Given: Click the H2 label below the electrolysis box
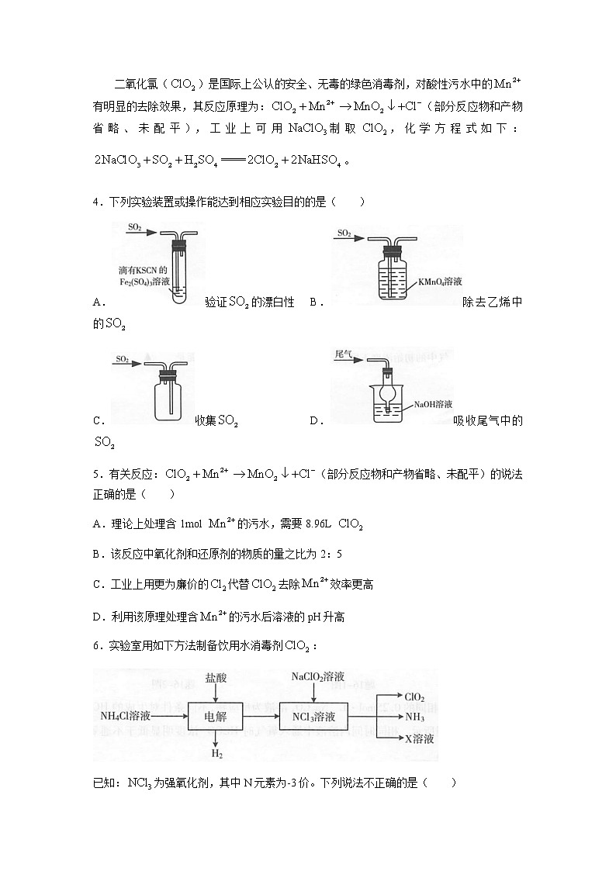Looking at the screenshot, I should (216, 753).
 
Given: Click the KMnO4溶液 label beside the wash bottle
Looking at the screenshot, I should (439, 282).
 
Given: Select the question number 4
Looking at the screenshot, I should (96, 202).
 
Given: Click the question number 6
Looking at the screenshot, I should (96, 645).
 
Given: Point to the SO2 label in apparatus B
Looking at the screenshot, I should (344, 232).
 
